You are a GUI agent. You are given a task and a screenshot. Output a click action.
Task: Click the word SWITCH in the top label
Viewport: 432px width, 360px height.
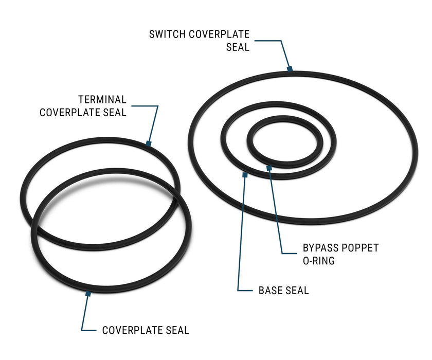point(167,34)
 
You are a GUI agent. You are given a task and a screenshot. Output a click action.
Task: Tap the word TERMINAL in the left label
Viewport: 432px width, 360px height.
point(102,99)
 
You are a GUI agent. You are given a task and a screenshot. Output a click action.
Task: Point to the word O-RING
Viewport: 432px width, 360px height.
point(319,261)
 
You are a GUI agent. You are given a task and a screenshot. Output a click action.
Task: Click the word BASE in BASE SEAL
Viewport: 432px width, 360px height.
point(269,291)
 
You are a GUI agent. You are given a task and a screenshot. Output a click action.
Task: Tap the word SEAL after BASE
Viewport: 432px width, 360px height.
point(297,291)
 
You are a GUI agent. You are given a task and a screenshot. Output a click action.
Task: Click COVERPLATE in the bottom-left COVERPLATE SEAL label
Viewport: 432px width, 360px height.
point(132,330)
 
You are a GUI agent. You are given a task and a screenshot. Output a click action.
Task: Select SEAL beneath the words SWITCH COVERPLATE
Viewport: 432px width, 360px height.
point(238,47)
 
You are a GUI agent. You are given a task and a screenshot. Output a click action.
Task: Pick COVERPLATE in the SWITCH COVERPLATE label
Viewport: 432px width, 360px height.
point(219,34)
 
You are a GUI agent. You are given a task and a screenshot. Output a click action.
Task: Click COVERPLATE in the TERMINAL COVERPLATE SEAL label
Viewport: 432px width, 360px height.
point(69,113)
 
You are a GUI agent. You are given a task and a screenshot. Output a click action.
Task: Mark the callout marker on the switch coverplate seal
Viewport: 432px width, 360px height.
point(290,69)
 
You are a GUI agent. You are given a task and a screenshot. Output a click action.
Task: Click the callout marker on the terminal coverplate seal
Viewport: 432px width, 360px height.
point(149,143)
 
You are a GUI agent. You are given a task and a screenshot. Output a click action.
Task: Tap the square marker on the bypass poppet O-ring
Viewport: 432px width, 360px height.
point(269,168)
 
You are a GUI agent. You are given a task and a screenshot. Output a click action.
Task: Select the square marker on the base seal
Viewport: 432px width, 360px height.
point(245,175)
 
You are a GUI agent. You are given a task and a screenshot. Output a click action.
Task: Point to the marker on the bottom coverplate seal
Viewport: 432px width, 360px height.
point(88,294)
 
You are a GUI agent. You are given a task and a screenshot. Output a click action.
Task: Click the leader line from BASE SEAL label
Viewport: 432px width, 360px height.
point(241,232)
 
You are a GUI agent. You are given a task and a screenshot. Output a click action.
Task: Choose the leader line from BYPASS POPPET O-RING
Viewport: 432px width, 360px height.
point(276,210)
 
